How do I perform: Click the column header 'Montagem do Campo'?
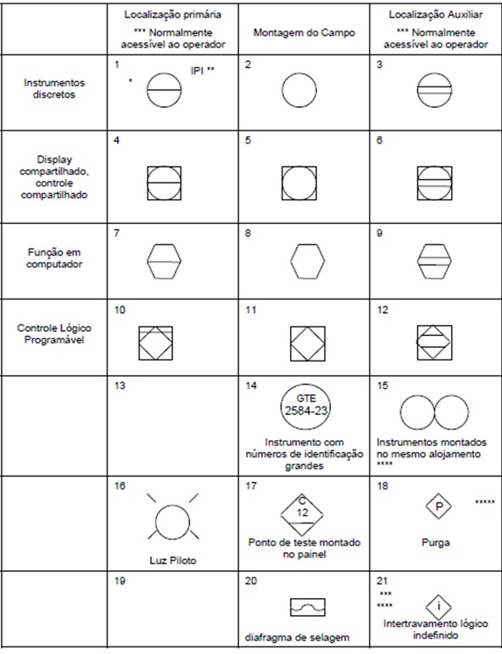coord(302,32)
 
